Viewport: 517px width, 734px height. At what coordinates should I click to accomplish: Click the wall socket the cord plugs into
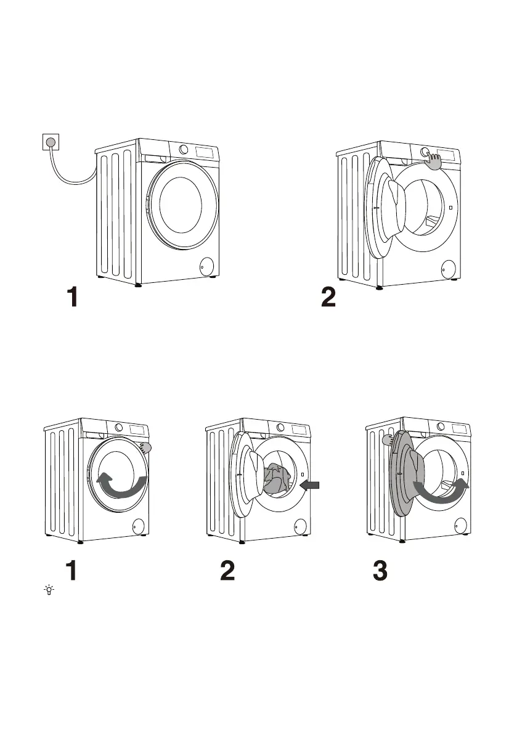[50, 142]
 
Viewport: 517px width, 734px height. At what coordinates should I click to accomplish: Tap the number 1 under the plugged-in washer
[72, 299]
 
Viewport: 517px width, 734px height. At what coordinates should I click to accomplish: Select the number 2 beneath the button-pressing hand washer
[328, 299]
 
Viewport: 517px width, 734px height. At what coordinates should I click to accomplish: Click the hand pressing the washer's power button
[435, 161]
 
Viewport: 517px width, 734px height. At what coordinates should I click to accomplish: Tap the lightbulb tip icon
[48, 590]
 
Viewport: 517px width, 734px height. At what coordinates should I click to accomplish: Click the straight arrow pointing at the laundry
[310, 486]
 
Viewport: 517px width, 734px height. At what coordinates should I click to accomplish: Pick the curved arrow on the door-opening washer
[124, 485]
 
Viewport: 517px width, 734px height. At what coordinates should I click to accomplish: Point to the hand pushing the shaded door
[389, 440]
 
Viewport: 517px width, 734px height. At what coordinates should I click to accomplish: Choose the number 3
[381, 571]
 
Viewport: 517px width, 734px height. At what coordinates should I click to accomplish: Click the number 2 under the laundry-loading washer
[227, 571]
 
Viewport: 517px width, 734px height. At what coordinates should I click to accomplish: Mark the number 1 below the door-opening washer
[72, 571]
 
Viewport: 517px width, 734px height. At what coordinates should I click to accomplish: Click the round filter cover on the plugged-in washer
[207, 266]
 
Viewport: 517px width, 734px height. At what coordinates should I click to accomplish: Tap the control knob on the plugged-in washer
[184, 150]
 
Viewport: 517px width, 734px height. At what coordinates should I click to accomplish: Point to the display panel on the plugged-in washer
[205, 152]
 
